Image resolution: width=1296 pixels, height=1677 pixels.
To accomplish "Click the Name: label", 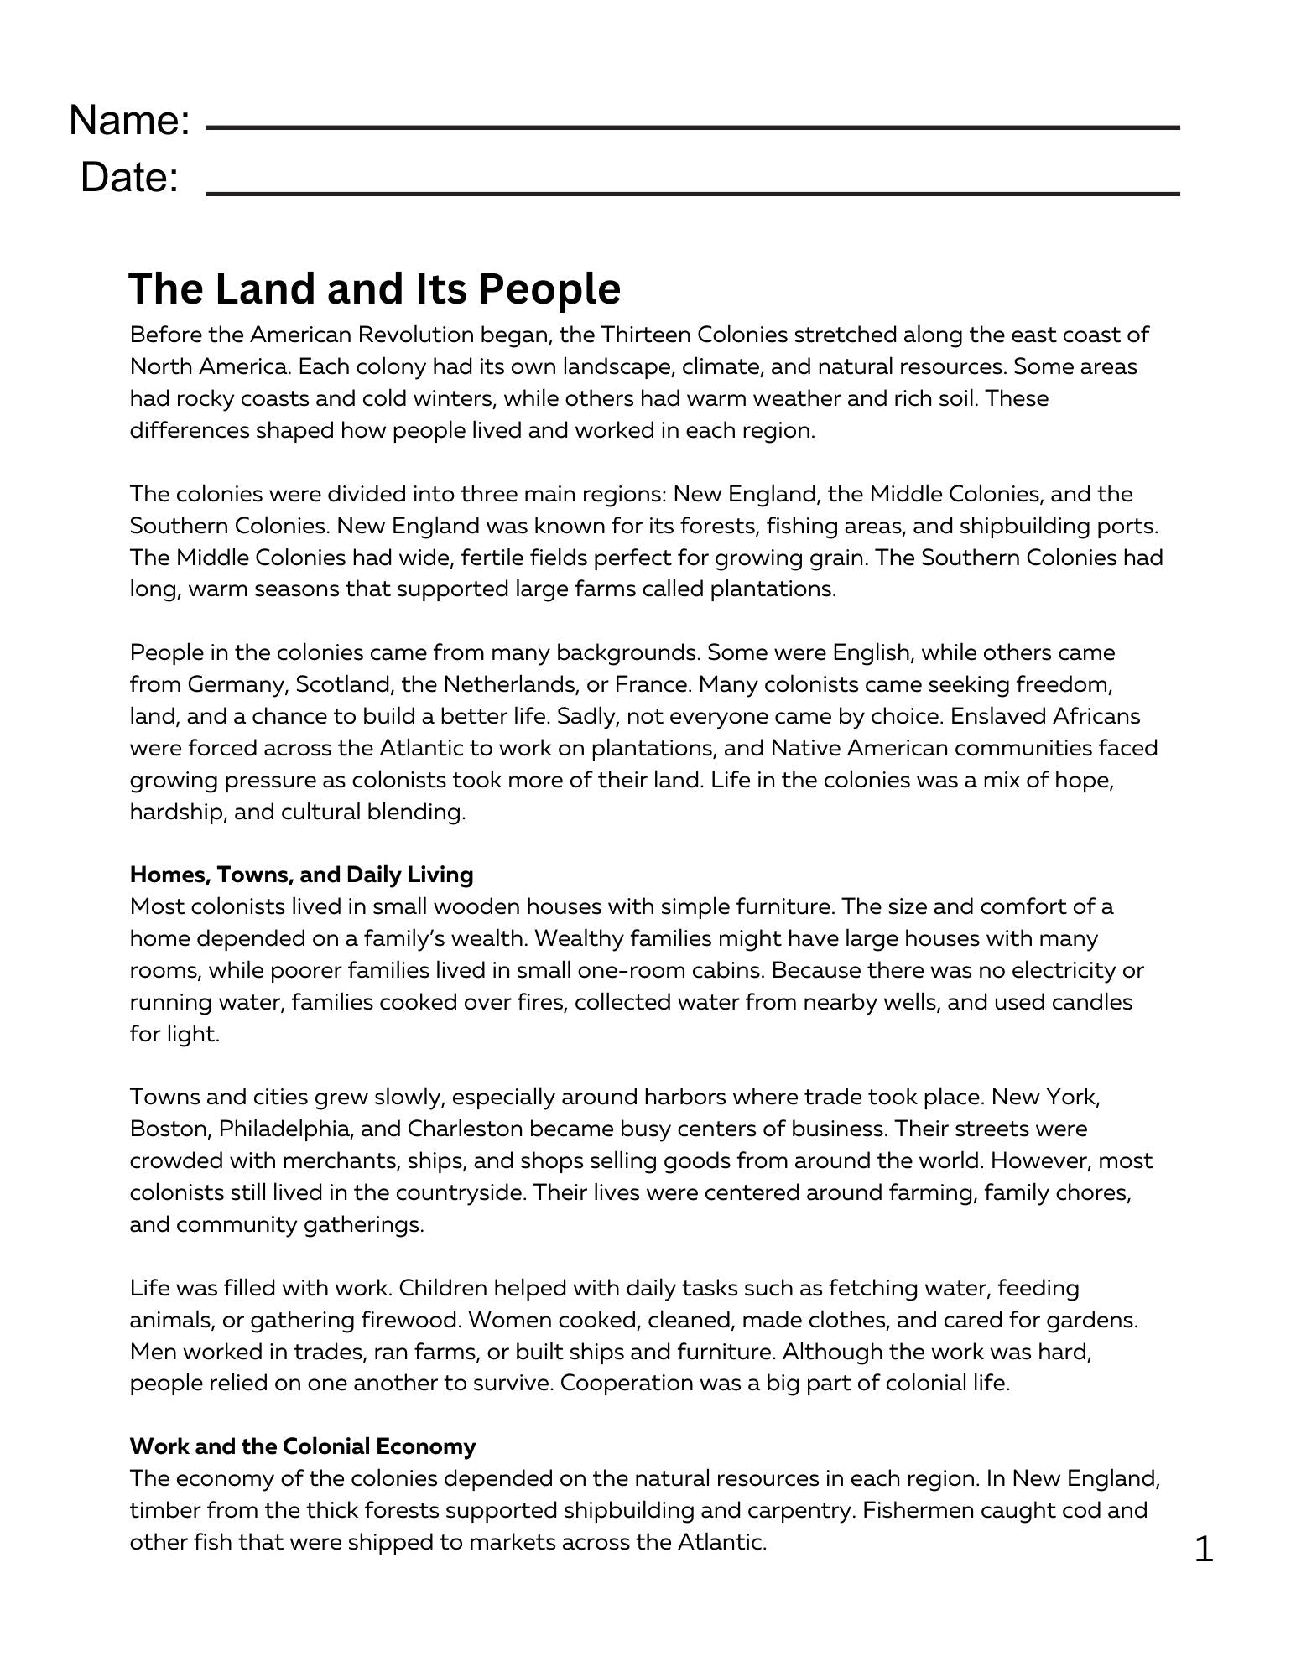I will pyautogui.click(x=129, y=120).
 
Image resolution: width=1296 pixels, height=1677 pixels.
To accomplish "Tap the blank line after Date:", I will pyautogui.click(x=692, y=193).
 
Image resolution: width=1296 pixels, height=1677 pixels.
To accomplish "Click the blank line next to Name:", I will pyautogui.click(x=692, y=127).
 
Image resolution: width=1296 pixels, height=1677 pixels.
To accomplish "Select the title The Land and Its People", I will pyautogui.click(x=374, y=288).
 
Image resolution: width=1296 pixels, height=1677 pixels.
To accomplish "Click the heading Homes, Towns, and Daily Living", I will pyautogui.click(x=301, y=875).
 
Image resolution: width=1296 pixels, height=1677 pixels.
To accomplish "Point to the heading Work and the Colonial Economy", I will pyautogui.click(x=302, y=1446).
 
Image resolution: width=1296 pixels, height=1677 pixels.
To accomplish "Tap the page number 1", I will pyautogui.click(x=1203, y=1549).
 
